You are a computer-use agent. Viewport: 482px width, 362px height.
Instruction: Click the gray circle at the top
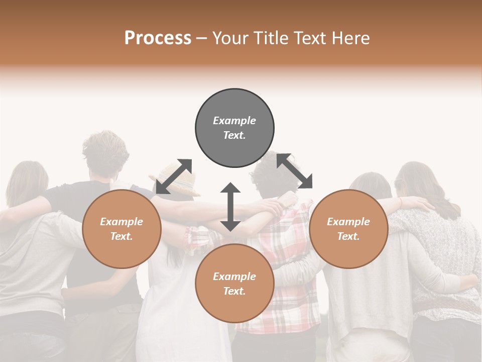point(234,128)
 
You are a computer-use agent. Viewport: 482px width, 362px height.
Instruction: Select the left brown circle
point(122,229)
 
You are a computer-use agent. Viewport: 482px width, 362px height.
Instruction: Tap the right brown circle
point(348,229)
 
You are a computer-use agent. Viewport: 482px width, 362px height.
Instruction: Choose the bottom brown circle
point(234,284)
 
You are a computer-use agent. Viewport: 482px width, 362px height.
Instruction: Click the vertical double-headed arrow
point(230,207)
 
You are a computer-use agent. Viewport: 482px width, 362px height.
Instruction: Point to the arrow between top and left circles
point(174,176)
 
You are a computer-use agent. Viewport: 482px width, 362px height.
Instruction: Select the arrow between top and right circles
point(295,171)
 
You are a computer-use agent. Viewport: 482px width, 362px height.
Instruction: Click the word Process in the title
point(158,38)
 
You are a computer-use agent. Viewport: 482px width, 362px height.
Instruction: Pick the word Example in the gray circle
point(234,121)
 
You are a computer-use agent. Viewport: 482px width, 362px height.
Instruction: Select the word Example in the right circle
point(348,222)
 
